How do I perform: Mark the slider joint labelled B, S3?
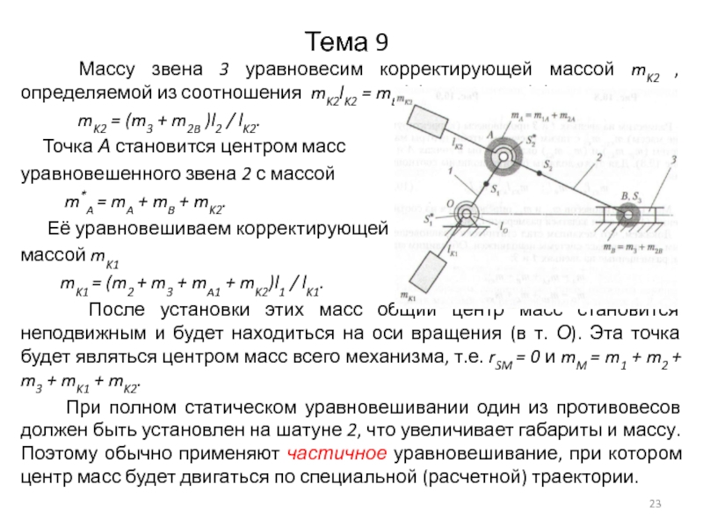coord(627,214)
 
